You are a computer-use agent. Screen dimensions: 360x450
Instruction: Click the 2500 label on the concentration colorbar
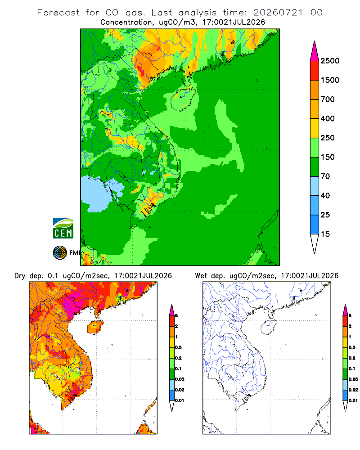coord(330,61)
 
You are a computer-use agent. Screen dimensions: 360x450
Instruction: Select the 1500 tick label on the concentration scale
coord(330,80)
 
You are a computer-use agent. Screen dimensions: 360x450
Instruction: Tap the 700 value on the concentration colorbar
coord(328,99)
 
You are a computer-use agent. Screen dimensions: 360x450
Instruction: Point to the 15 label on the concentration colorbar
coord(325,234)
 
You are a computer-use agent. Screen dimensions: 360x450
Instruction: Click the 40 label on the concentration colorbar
coord(325,196)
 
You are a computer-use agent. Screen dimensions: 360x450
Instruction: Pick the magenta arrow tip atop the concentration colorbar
coord(315,51)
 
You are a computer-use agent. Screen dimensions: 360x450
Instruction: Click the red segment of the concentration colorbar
coord(315,71)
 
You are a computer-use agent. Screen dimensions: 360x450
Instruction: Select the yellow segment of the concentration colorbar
coord(315,128)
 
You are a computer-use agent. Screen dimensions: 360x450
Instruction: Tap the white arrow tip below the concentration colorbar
coord(315,244)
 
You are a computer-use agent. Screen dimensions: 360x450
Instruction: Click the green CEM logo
coord(63,229)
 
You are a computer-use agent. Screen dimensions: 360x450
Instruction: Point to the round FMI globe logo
coord(60,253)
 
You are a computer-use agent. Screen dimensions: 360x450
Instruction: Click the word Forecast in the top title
coord(58,13)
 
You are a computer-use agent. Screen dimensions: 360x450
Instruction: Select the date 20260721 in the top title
coord(278,13)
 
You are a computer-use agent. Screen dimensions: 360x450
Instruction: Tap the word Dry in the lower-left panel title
coord(20,276)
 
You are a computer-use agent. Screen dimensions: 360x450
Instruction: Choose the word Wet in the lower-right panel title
coord(201,276)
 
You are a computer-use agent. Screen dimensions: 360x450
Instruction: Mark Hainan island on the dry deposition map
coord(95,327)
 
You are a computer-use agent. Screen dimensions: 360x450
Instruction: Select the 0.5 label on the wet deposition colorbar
coord(351,347)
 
